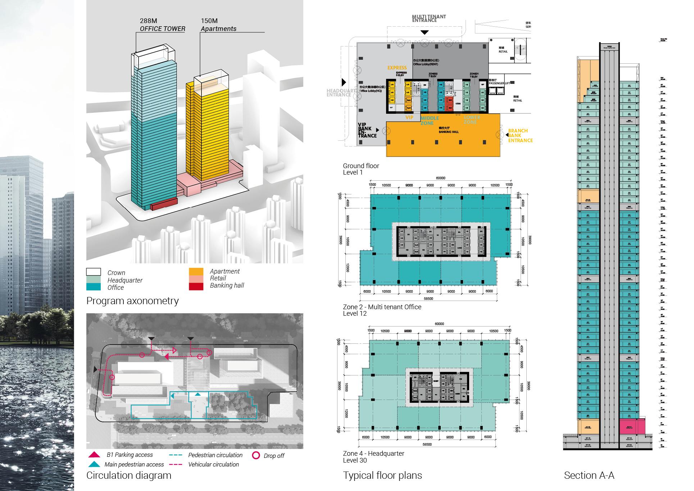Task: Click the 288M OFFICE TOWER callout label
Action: pos(162,25)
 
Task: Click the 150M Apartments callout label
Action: pos(218,25)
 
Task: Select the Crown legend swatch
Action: pos(94,272)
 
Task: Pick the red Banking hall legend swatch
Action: pos(196,286)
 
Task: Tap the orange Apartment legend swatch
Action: pos(196,272)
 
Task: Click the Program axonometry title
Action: pos(132,301)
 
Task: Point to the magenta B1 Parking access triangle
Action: pos(94,455)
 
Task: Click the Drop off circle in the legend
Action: pos(256,455)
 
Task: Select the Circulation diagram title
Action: pos(129,476)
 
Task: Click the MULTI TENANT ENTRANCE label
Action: pos(429,18)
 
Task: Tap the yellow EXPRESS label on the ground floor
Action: pos(397,68)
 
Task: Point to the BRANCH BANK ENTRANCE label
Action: pos(520,136)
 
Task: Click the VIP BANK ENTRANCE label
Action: pos(367,130)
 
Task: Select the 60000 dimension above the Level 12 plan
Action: pos(440,178)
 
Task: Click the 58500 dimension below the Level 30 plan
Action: pos(427,444)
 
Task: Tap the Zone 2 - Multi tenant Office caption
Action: pos(382,307)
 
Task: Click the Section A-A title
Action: pos(589,476)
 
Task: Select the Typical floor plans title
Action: pos(382,476)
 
